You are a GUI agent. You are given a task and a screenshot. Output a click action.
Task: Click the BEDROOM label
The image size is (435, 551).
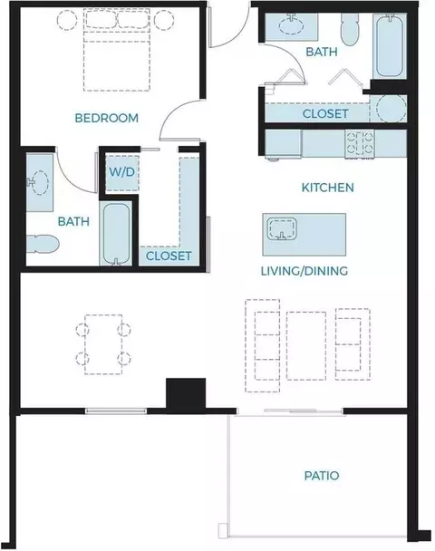point(106,118)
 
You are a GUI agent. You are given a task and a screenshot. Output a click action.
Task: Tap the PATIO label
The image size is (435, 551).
point(322,476)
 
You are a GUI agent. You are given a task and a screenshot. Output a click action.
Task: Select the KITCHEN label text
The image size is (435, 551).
point(327,188)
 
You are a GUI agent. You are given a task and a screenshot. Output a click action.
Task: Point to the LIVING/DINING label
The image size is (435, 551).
point(304,271)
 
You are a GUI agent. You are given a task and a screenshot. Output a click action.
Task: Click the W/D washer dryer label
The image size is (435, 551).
point(122,172)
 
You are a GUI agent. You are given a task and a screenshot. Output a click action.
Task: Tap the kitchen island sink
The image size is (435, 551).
point(282,228)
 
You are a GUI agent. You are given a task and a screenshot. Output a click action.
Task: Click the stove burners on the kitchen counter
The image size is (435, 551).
point(360,143)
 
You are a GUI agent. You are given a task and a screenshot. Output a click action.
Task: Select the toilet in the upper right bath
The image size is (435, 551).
point(350,30)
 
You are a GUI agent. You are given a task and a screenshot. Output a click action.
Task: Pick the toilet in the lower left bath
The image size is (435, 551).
point(43,244)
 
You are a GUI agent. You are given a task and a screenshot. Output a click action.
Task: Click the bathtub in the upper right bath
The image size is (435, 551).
point(390,45)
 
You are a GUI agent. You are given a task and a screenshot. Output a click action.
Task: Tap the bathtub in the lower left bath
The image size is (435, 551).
point(117,234)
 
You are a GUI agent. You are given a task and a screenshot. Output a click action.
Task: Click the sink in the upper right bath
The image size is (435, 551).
point(291,25)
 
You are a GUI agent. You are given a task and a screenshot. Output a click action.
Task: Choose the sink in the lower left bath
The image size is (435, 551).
point(38,182)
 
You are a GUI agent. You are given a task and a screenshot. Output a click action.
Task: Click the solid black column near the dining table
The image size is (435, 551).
point(186,393)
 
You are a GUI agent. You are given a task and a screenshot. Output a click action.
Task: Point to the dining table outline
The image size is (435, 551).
point(103,344)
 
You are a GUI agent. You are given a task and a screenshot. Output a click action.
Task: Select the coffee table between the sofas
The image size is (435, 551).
point(306,346)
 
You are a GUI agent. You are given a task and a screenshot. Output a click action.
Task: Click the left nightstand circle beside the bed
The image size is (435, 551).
point(67,20)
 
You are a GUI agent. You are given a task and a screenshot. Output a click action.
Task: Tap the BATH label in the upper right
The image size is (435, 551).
point(322,52)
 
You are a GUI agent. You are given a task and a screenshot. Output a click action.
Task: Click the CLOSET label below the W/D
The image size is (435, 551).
point(169,256)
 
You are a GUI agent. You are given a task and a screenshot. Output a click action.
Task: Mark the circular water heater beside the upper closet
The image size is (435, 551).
point(391,108)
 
